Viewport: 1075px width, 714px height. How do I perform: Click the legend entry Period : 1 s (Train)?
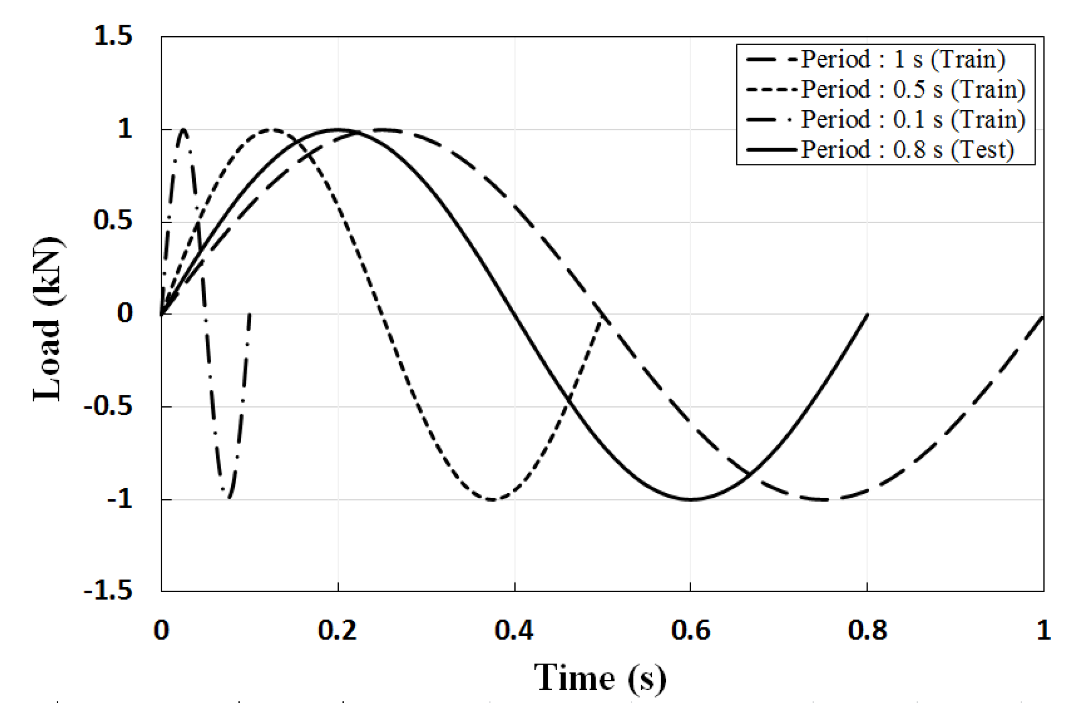[902, 59]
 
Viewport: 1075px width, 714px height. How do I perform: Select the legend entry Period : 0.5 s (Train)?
[913, 89]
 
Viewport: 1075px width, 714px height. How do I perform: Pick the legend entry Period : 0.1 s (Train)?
[913, 120]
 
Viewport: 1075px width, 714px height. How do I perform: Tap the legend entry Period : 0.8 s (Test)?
[906, 150]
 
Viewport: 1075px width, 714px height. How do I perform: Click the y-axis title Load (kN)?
[48, 319]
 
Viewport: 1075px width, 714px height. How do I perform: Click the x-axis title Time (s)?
[600, 678]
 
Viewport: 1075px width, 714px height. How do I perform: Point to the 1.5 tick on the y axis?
[113, 36]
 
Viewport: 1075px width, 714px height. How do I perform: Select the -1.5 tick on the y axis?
[108, 591]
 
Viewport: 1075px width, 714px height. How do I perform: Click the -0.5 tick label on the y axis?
[108, 407]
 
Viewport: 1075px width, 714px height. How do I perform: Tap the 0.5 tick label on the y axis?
[113, 221]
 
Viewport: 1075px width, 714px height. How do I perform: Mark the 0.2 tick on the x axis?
[338, 630]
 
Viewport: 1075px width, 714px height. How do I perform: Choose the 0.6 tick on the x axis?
[691, 630]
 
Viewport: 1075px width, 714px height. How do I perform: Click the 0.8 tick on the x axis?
[868, 630]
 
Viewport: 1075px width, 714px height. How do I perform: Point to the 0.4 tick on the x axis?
[514, 630]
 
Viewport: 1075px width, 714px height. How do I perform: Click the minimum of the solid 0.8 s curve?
[690, 499]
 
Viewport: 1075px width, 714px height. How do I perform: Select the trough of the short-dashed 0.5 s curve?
[492, 499]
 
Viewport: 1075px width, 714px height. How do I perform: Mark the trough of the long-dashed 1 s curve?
[823, 499]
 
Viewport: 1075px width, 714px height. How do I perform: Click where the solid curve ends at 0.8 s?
[867, 314]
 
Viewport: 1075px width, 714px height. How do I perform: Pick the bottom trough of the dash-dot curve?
[228, 498]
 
